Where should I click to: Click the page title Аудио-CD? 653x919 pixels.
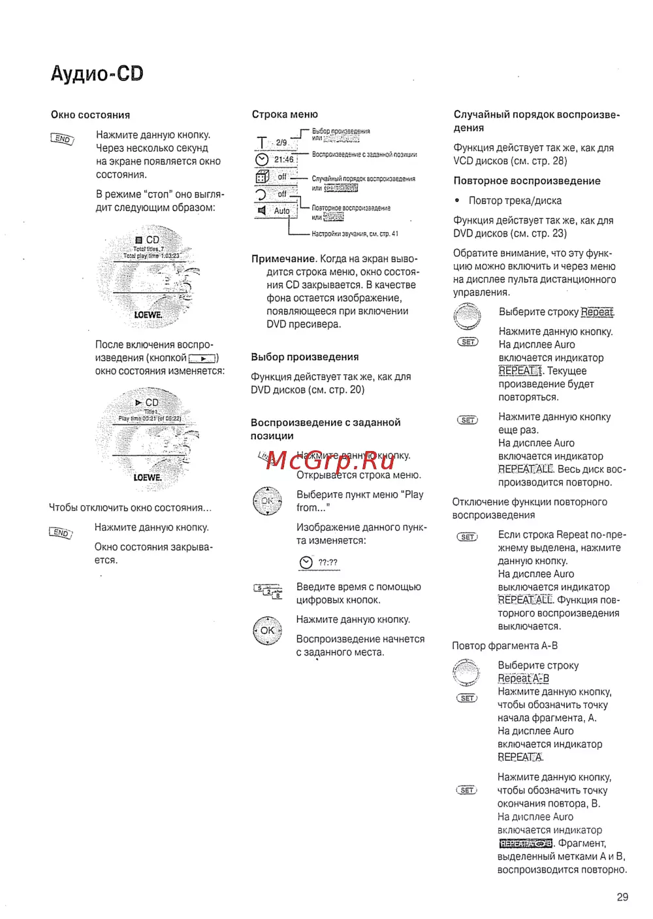pyautogui.click(x=97, y=73)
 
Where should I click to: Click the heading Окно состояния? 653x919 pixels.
pyautogui.click(x=90, y=115)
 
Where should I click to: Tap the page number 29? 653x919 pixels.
pyautogui.click(x=622, y=897)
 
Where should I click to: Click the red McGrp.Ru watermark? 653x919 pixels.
pyautogui.click(x=330, y=460)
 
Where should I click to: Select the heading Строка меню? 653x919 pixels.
pyautogui.click(x=285, y=114)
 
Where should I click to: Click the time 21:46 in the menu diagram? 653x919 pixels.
pyautogui.click(x=284, y=159)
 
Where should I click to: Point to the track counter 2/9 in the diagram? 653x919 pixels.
pyautogui.click(x=281, y=142)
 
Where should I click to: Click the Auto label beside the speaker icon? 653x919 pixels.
pyautogui.click(x=281, y=211)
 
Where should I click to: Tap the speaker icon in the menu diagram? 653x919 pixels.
pyautogui.click(x=262, y=210)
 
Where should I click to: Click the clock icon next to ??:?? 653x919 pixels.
pyautogui.click(x=306, y=563)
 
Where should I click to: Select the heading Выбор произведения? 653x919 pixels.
pyautogui.click(x=305, y=357)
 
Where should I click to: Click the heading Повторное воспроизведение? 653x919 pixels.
pyautogui.click(x=527, y=181)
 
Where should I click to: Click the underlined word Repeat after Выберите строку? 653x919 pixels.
pyautogui.click(x=597, y=312)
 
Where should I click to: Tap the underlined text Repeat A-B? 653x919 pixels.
pyautogui.click(x=523, y=678)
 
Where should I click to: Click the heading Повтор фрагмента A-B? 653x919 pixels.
pyautogui.click(x=505, y=646)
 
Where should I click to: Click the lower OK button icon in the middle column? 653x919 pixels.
pyautogui.click(x=267, y=631)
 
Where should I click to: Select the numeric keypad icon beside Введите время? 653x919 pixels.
pyautogui.click(x=268, y=590)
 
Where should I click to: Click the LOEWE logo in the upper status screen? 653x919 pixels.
pyautogui.click(x=148, y=315)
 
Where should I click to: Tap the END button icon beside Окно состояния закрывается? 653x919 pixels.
pyautogui.click(x=61, y=533)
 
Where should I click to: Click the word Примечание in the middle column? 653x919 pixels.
pyautogui.click(x=283, y=259)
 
